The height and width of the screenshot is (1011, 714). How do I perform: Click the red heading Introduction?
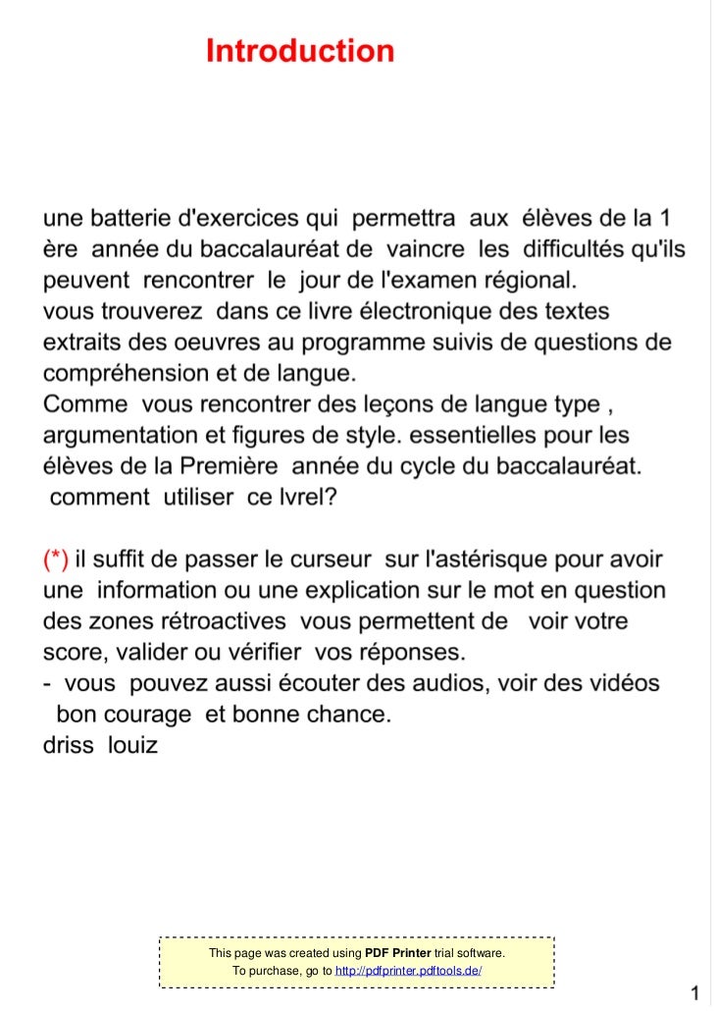pyautogui.click(x=300, y=51)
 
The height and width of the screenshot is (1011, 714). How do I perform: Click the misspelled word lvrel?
pyautogui.click(x=304, y=498)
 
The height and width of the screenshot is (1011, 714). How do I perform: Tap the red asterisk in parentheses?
pyautogui.click(x=56, y=560)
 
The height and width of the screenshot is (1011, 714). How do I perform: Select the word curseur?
pyautogui.click(x=318, y=560)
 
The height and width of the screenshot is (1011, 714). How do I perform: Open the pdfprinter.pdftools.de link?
pyautogui.click(x=407, y=971)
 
